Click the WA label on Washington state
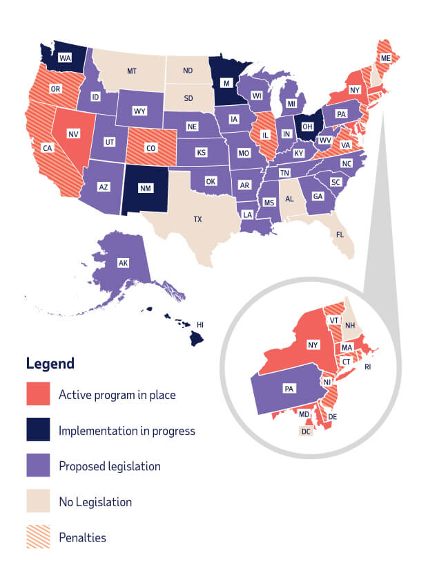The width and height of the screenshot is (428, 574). coord(65,59)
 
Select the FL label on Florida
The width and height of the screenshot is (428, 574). coord(340,234)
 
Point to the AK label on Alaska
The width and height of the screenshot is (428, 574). coord(124,263)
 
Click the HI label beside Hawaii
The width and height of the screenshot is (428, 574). coord(200,324)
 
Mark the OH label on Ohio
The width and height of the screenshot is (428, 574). coord(308,126)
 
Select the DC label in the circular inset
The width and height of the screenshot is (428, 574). coord(305,431)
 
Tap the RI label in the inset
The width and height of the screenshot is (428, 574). coord(368,367)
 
